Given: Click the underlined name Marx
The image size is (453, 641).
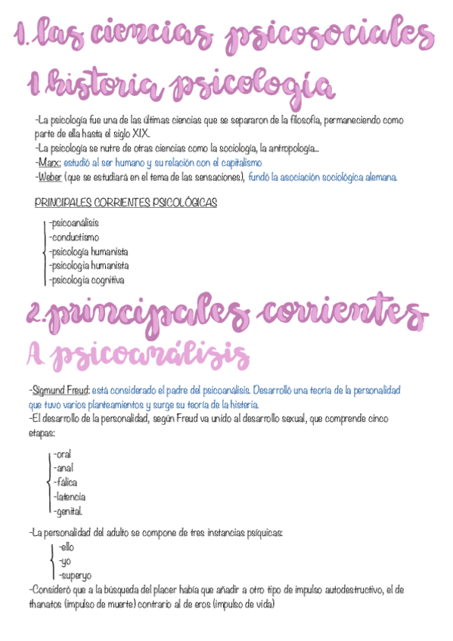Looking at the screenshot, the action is (49, 163).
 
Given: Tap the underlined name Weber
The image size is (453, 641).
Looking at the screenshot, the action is (51, 177).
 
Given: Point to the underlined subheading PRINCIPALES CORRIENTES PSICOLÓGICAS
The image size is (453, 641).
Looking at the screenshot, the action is (126, 203).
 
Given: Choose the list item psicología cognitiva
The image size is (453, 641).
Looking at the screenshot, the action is (86, 280).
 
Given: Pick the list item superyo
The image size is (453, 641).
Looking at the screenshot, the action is (75, 575).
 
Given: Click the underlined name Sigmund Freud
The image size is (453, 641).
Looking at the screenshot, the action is (61, 390).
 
